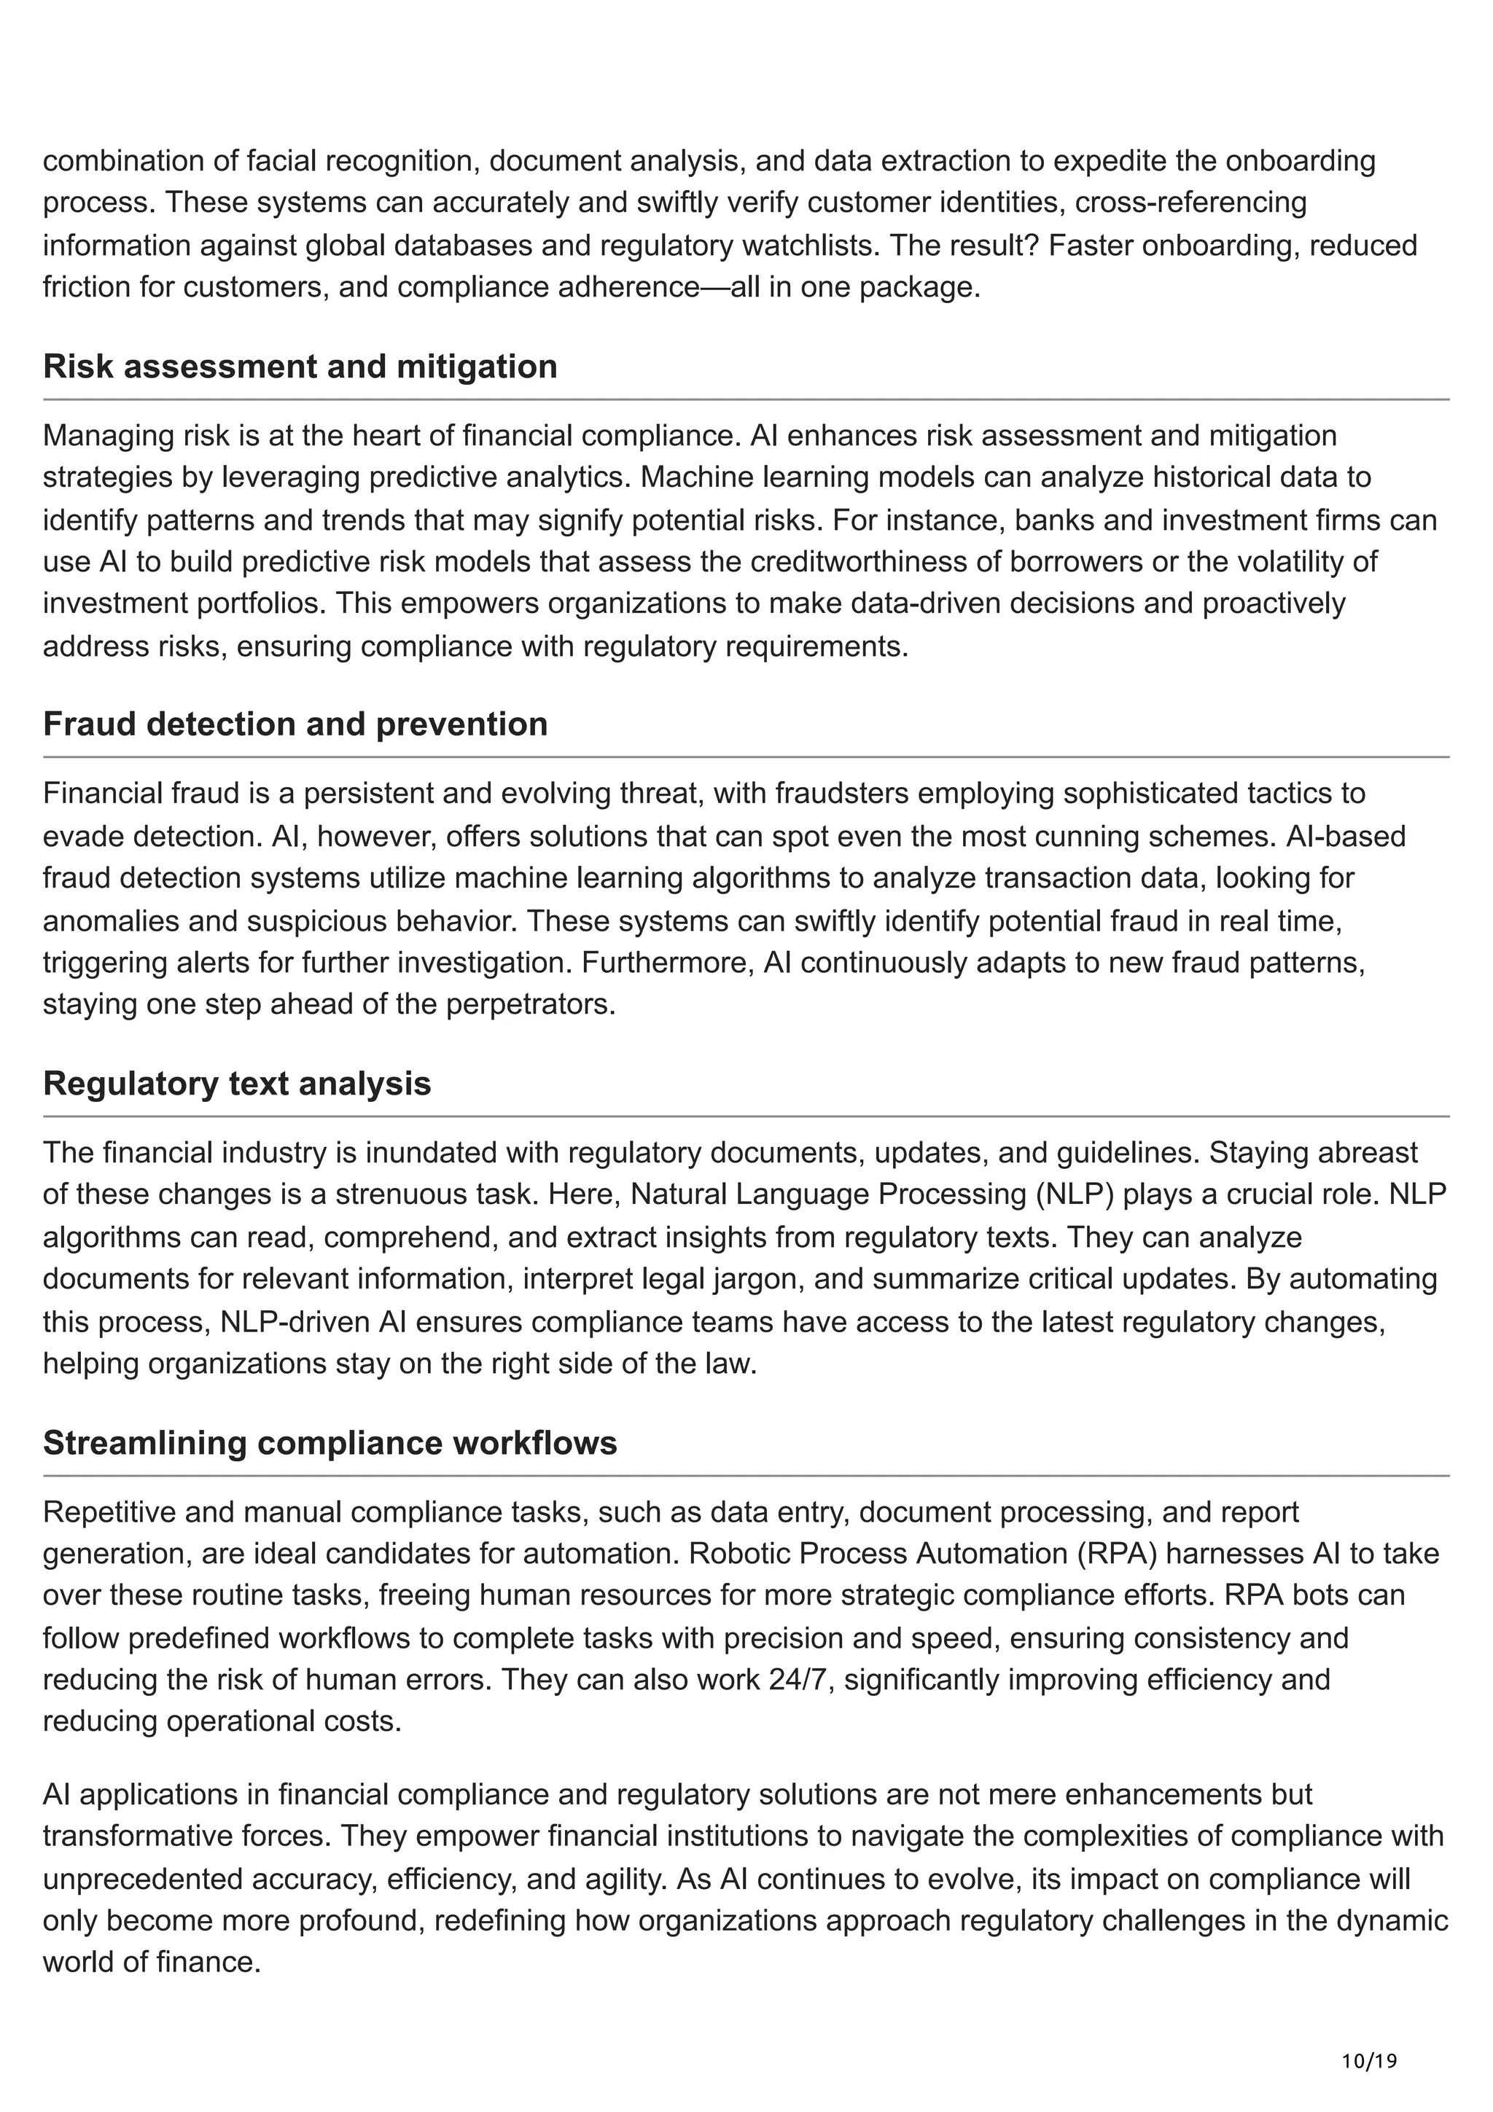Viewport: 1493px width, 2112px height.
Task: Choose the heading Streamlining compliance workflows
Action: click(x=330, y=1442)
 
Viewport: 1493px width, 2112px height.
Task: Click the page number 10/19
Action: click(x=1369, y=2035)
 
